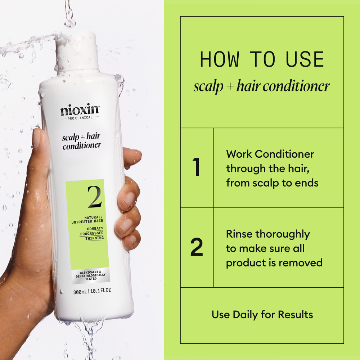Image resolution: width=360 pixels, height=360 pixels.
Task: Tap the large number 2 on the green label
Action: point(94,197)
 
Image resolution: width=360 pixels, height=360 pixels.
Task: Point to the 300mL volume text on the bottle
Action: point(80,291)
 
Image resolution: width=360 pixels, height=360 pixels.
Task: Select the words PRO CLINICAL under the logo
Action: point(80,118)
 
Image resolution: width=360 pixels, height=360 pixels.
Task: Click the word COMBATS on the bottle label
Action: point(95,229)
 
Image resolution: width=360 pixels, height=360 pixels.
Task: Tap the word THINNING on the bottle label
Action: point(94,238)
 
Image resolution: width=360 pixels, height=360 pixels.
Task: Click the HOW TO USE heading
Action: point(262,60)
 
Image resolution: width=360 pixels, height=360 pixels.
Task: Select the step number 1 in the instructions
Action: point(196,168)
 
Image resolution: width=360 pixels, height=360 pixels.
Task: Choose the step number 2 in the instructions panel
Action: point(197,248)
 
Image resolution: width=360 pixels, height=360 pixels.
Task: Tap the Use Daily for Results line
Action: point(262,315)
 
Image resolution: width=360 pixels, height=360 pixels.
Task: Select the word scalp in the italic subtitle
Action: point(208,86)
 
